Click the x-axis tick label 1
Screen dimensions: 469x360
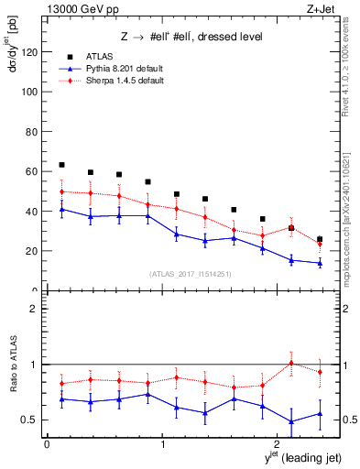coord(162,444)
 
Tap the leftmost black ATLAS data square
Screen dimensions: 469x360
coord(61,165)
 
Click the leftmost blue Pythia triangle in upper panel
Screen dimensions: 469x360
coord(61,209)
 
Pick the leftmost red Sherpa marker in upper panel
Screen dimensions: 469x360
coord(61,191)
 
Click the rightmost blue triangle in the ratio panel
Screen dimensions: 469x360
coord(320,413)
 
